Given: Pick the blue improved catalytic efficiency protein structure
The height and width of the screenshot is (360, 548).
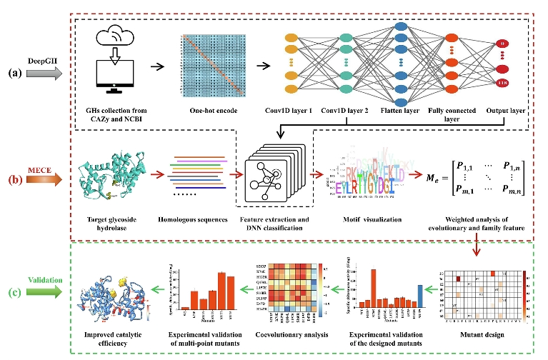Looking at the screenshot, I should (118, 296).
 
